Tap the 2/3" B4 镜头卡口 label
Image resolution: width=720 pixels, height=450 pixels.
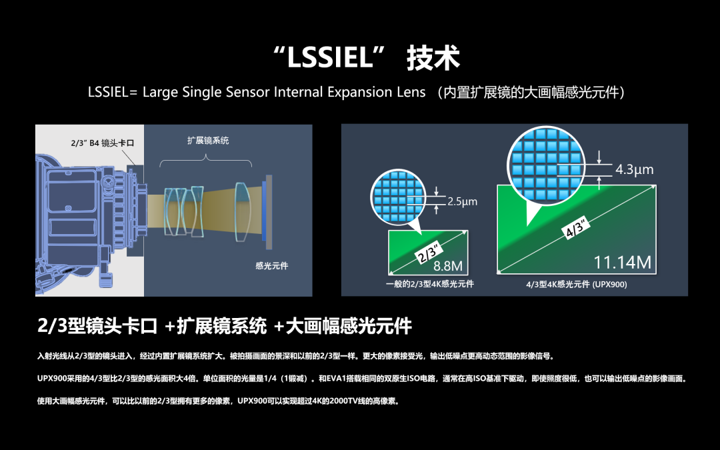coord(103,143)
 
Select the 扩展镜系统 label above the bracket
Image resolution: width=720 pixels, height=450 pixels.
coord(208,141)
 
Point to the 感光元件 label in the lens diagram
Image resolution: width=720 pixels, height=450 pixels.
coord(272,265)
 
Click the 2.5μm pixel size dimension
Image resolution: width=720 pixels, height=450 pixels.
coord(463,201)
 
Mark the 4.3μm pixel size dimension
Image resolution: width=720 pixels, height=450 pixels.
coord(634,169)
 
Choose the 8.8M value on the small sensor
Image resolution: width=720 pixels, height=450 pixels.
coord(448,266)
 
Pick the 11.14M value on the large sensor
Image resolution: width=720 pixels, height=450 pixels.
coord(622,262)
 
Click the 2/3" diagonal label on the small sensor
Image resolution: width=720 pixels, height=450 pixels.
coord(429,253)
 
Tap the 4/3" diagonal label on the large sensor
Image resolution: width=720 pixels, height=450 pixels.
coord(577,227)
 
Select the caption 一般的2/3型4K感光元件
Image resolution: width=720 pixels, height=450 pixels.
coord(430,284)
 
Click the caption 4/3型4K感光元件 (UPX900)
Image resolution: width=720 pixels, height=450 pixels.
coord(576,284)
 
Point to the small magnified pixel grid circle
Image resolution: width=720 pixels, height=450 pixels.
coord(398,197)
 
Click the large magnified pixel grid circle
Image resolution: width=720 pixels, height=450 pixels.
coord(547,165)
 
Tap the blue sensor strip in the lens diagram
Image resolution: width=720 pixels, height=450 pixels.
coord(264,210)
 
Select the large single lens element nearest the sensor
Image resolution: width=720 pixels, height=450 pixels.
coord(243,212)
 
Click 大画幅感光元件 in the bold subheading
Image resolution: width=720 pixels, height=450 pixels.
coord(349,326)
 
